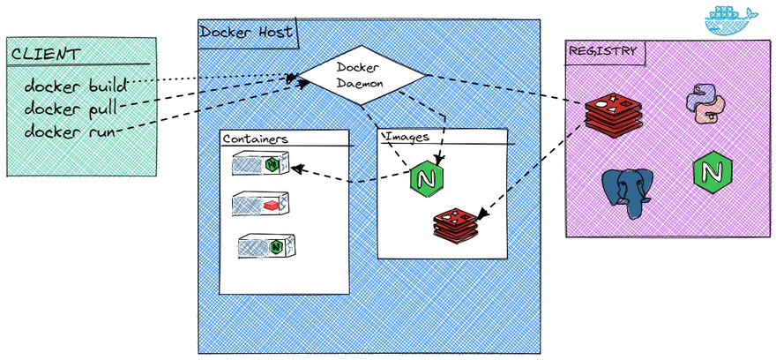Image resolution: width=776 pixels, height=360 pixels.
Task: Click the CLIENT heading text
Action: click(x=44, y=54)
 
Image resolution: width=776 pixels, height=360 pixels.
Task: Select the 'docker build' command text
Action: click(x=77, y=86)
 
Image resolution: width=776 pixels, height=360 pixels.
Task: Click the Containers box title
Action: click(x=255, y=139)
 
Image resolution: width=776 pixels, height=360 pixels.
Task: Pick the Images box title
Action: click(x=407, y=138)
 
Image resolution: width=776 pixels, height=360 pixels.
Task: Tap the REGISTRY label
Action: click(x=602, y=50)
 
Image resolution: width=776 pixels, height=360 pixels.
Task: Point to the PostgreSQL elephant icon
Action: click(x=627, y=193)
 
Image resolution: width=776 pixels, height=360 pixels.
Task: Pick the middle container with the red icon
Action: click(x=260, y=205)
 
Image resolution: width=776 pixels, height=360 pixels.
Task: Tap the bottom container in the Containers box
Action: click(x=265, y=246)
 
